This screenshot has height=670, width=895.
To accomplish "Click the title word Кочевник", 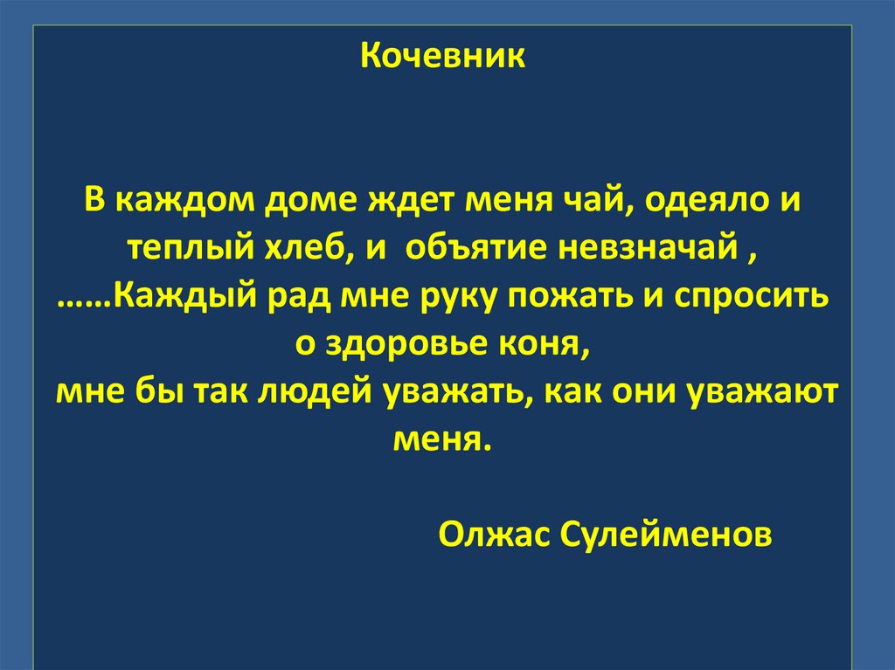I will point(443,58).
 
